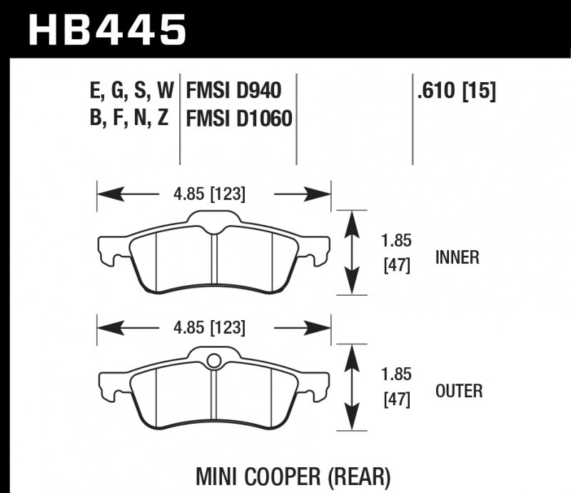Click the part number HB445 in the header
pos(107,30)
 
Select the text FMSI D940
pos(233,91)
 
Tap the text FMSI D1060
pos(239,118)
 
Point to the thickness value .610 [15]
pos(455,91)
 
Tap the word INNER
pos(457,258)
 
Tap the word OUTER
pos(458,391)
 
